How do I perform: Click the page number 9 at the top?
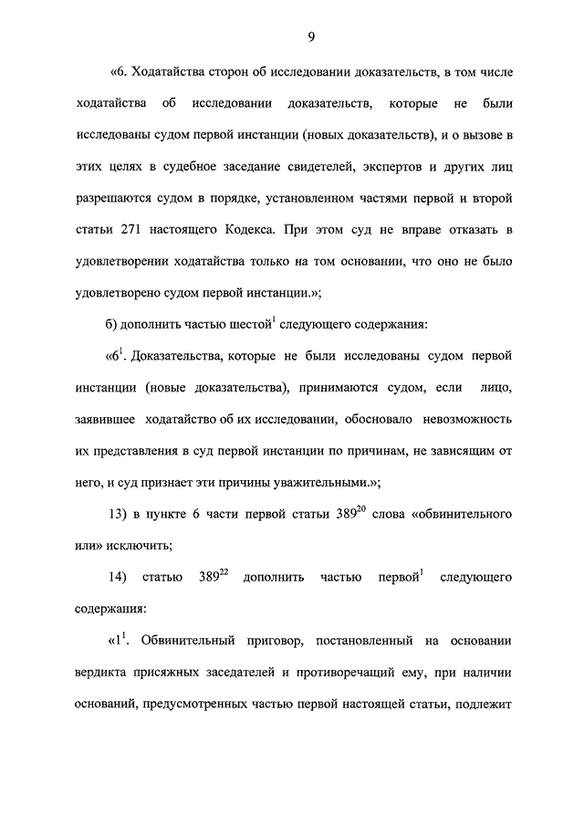310,37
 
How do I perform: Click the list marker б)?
115,326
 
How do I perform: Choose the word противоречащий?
344,674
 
